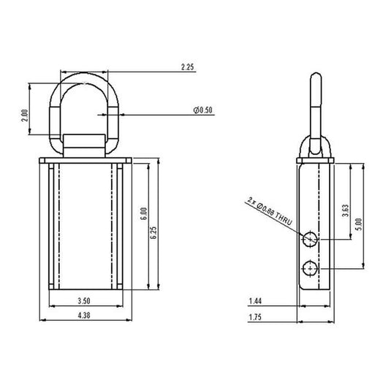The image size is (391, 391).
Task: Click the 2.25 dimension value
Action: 187,67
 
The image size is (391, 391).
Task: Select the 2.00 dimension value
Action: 25,115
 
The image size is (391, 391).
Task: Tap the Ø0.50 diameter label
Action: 203,110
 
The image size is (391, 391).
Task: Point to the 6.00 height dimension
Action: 144,213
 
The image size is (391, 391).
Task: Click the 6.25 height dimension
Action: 153,232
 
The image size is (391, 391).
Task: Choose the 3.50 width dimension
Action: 84,300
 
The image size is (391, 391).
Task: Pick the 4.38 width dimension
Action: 84,315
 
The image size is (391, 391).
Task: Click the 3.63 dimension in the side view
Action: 345,210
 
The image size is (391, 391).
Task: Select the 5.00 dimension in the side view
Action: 359,224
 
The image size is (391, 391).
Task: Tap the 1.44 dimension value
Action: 255,301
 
